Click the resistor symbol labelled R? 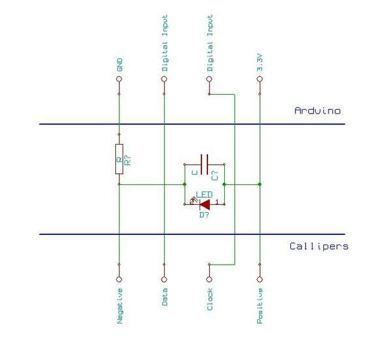tap(119, 159)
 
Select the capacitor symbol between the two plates tap(204, 164)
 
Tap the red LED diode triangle tap(205, 204)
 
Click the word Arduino tap(318, 111)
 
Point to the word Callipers tap(319, 246)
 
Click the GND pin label tap(119, 65)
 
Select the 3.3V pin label tap(260, 63)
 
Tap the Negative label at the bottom tap(120, 306)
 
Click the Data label tap(165, 297)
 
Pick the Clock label tap(210, 299)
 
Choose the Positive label tap(260, 306)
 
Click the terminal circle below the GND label tap(119, 79)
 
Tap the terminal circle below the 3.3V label tap(260, 79)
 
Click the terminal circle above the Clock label tap(209, 280)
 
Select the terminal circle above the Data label tap(164, 280)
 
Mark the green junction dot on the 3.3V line tap(260, 184)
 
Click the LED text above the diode tap(204, 195)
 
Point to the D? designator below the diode tap(204, 215)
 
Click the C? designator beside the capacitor tap(215, 175)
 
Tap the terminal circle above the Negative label tap(119, 280)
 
